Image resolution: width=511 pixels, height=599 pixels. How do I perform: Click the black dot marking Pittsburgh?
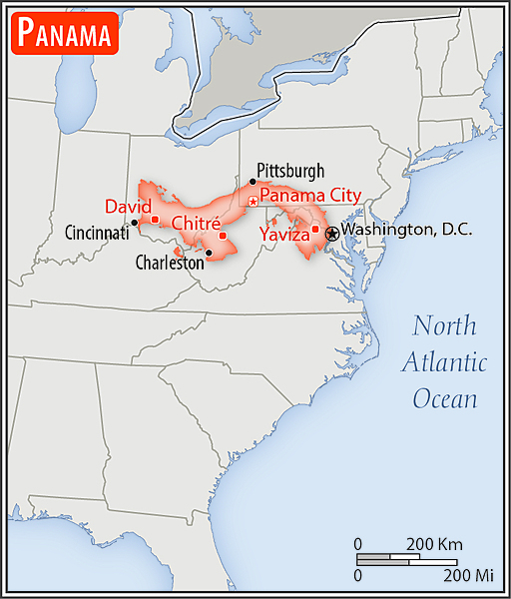tap(253, 182)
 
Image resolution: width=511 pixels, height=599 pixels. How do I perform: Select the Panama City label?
tap(310, 196)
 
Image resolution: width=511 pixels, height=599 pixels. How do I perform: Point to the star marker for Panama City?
tap(253, 202)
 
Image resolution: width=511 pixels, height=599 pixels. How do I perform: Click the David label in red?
tap(127, 207)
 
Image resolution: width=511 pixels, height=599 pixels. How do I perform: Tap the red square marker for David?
tap(155, 219)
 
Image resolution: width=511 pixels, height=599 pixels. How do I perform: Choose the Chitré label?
tap(195, 224)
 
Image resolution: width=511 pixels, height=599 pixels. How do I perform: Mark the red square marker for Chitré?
tap(223, 236)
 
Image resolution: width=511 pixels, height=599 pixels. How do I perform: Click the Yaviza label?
tap(283, 236)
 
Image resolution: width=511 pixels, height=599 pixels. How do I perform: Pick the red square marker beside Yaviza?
tap(315, 229)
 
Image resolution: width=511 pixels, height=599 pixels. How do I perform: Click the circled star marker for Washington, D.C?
tap(331, 231)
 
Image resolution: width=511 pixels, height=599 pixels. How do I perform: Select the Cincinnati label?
tap(97, 233)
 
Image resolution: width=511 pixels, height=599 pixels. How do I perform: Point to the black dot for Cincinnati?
tap(135, 223)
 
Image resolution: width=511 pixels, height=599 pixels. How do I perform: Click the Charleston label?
tap(170, 264)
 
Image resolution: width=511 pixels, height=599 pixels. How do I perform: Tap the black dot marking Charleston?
tap(208, 253)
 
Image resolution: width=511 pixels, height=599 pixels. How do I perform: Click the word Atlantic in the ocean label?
tap(444, 362)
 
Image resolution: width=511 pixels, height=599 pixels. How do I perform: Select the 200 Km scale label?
tap(434, 544)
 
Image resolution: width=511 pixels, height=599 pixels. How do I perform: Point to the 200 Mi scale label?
tap(469, 576)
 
